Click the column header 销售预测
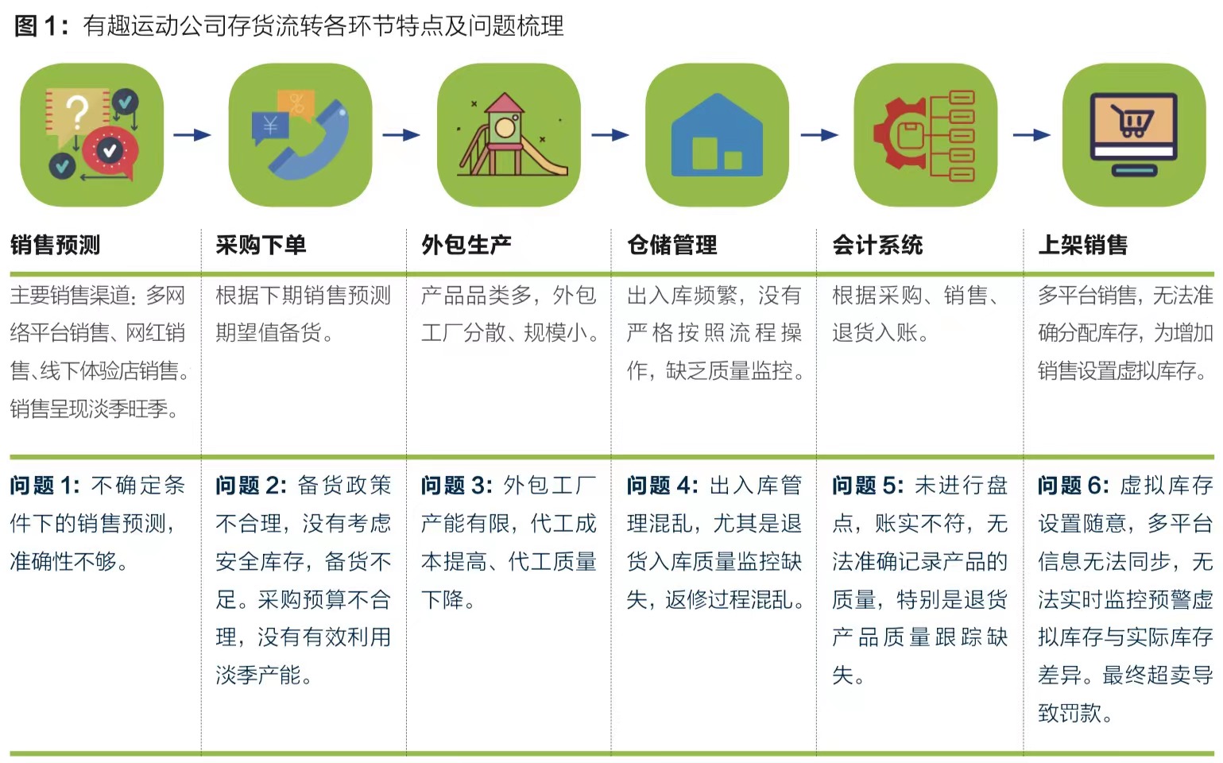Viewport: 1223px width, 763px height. [55, 245]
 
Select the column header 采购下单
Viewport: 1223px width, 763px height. [261, 245]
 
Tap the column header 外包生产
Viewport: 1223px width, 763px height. [466, 245]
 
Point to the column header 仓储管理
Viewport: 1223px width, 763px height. [672, 245]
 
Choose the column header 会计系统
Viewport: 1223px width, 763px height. [877, 245]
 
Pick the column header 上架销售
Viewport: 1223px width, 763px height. [1082, 245]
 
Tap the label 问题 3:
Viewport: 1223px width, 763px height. [456, 486]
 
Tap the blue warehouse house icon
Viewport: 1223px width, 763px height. [717, 135]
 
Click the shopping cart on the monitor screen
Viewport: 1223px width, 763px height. [1132, 121]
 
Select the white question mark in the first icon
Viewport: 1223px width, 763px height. [78, 112]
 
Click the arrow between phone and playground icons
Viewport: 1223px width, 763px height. [401, 134]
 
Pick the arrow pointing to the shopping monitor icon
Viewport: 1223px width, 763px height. [1031, 134]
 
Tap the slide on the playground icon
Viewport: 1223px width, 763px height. [543, 157]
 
